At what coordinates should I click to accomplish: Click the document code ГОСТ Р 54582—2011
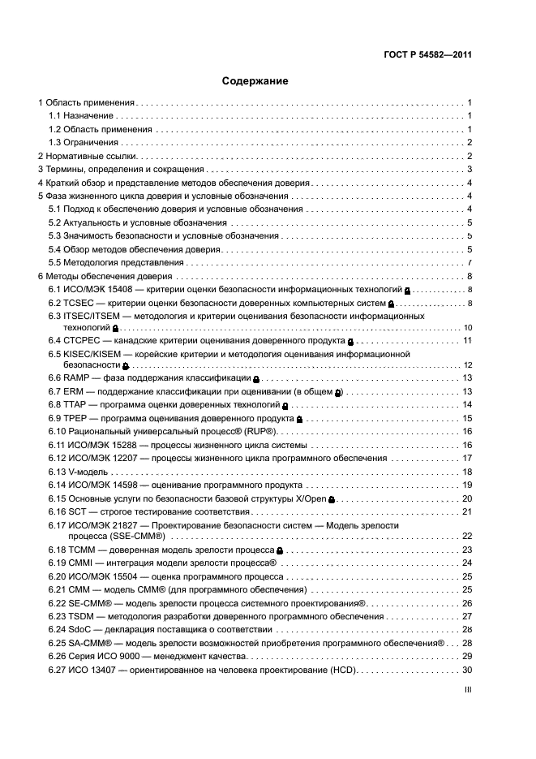[428, 56]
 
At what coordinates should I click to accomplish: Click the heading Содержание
[255, 81]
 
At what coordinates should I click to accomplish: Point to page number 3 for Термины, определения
[470, 169]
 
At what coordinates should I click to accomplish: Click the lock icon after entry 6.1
[407, 291]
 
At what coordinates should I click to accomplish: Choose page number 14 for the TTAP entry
[467, 404]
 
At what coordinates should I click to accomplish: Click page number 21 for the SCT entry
[467, 511]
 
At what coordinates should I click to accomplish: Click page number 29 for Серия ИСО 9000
[467, 655]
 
